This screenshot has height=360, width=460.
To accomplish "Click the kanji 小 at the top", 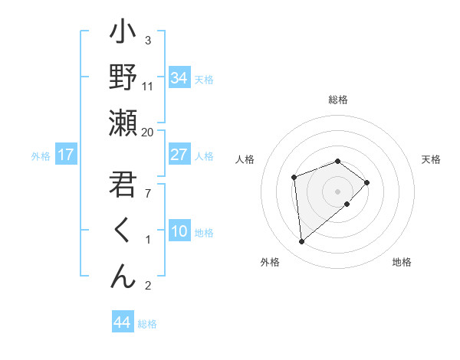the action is tap(123, 34).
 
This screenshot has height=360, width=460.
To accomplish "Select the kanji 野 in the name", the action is tap(123, 78).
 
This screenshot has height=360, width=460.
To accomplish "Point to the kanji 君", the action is tap(123, 185).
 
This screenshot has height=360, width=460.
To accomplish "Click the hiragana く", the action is tap(123, 231).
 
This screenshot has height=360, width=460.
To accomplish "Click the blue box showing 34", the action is tap(179, 78).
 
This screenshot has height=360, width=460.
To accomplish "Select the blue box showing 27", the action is tap(179, 155).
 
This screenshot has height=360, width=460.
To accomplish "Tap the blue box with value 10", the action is tap(179, 231).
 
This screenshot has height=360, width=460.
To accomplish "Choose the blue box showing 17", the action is tap(66, 155).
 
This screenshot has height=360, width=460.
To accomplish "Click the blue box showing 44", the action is tap(122, 322).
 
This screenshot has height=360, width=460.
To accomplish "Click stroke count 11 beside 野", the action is tap(148, 86).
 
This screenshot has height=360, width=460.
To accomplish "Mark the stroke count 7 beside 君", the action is tap(148, 193).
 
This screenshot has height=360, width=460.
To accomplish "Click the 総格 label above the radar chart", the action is tap(337, 100).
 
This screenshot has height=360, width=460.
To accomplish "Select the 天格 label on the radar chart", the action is tap(431, 159).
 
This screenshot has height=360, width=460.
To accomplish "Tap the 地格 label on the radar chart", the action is tap(402, 262).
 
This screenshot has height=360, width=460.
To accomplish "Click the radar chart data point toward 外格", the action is tap(302, 242).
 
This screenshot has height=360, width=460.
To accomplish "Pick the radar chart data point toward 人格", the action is tap(294, 178).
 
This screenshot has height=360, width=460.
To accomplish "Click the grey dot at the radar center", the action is tap(337, 191).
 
